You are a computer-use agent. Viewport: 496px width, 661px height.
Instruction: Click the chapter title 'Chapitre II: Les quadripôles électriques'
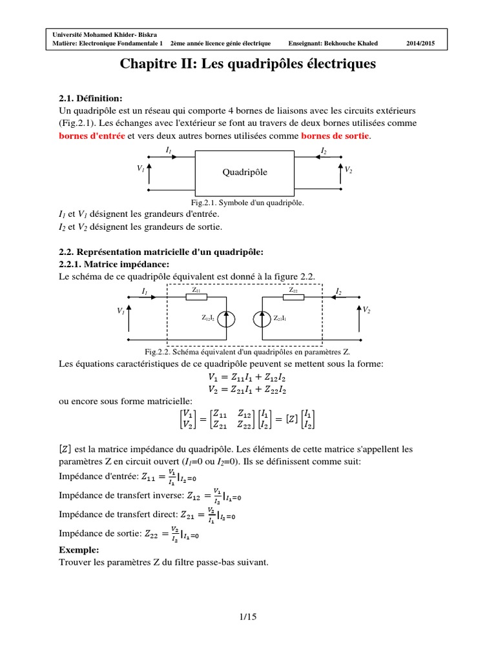click(x=247, y=65)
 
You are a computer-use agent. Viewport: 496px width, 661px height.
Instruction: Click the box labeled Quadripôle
click(x=245, y=173)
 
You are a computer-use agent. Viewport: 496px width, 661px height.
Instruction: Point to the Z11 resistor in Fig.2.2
click(x=196, y=298)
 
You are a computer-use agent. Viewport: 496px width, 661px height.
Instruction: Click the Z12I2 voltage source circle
click(x=227, y=318)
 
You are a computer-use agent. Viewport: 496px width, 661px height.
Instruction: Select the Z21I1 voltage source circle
click(x=261, y=318)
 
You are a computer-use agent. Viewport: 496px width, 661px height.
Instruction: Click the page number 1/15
click(x=247, y=617)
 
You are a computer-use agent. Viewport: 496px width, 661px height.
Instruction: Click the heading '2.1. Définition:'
click(x=90, y=98)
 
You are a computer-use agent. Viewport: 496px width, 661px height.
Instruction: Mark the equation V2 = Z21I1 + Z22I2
click(x=248, y=389)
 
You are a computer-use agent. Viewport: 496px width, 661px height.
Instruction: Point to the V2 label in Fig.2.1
click(x=349, y=169)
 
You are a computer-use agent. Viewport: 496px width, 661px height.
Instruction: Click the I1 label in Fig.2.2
click(x=144, y=292)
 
